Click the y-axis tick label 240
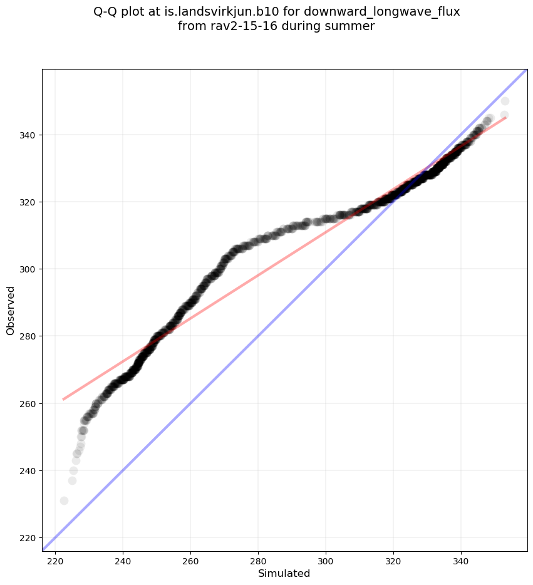28,470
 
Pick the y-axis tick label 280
28,336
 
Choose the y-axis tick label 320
28,202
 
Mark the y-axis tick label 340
28,135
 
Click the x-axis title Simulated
284,574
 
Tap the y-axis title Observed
11,310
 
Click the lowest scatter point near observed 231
64,500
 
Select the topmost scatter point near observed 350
505,101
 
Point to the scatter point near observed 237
72,480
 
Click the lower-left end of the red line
63,399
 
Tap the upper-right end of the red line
505,117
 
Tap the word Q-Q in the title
106,12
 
